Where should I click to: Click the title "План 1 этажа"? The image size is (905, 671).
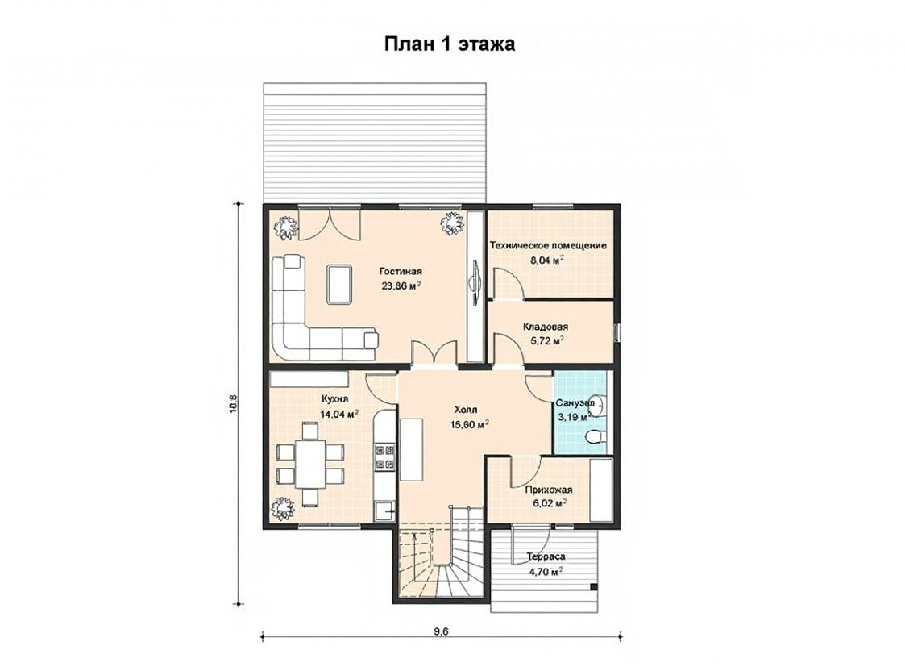tap(450, 44)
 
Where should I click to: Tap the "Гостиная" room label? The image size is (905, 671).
tap(401, 272)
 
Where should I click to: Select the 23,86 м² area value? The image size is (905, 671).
tap(401, 285)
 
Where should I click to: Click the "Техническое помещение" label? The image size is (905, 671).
tap(548, 245)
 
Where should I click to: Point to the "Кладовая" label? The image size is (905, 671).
tap(546, 327)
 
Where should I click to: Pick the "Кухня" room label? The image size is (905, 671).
tap(334, 399)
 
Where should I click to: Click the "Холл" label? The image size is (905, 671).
tap(465, 410)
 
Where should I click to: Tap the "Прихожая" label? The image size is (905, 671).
tap(548, 490)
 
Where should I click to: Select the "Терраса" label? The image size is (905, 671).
tap(546, 557)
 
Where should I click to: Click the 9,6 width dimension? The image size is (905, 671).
tap(442, 631)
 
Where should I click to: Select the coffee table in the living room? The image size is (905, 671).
tap(339, 284)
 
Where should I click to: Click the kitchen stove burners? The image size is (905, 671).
tap(385, 456)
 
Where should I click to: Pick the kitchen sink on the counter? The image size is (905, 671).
tap(385, 511)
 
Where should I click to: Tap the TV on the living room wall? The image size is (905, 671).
tap(475, 280)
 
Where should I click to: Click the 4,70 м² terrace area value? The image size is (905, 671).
tap(546, 573)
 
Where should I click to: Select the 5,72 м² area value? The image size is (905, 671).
tap(546, 340)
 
